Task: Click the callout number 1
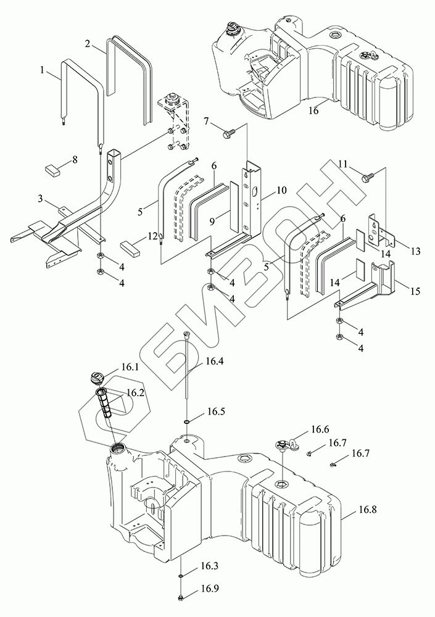43,71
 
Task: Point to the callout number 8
75,160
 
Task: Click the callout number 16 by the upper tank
313,110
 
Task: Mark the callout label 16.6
320,428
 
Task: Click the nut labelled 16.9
181,597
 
